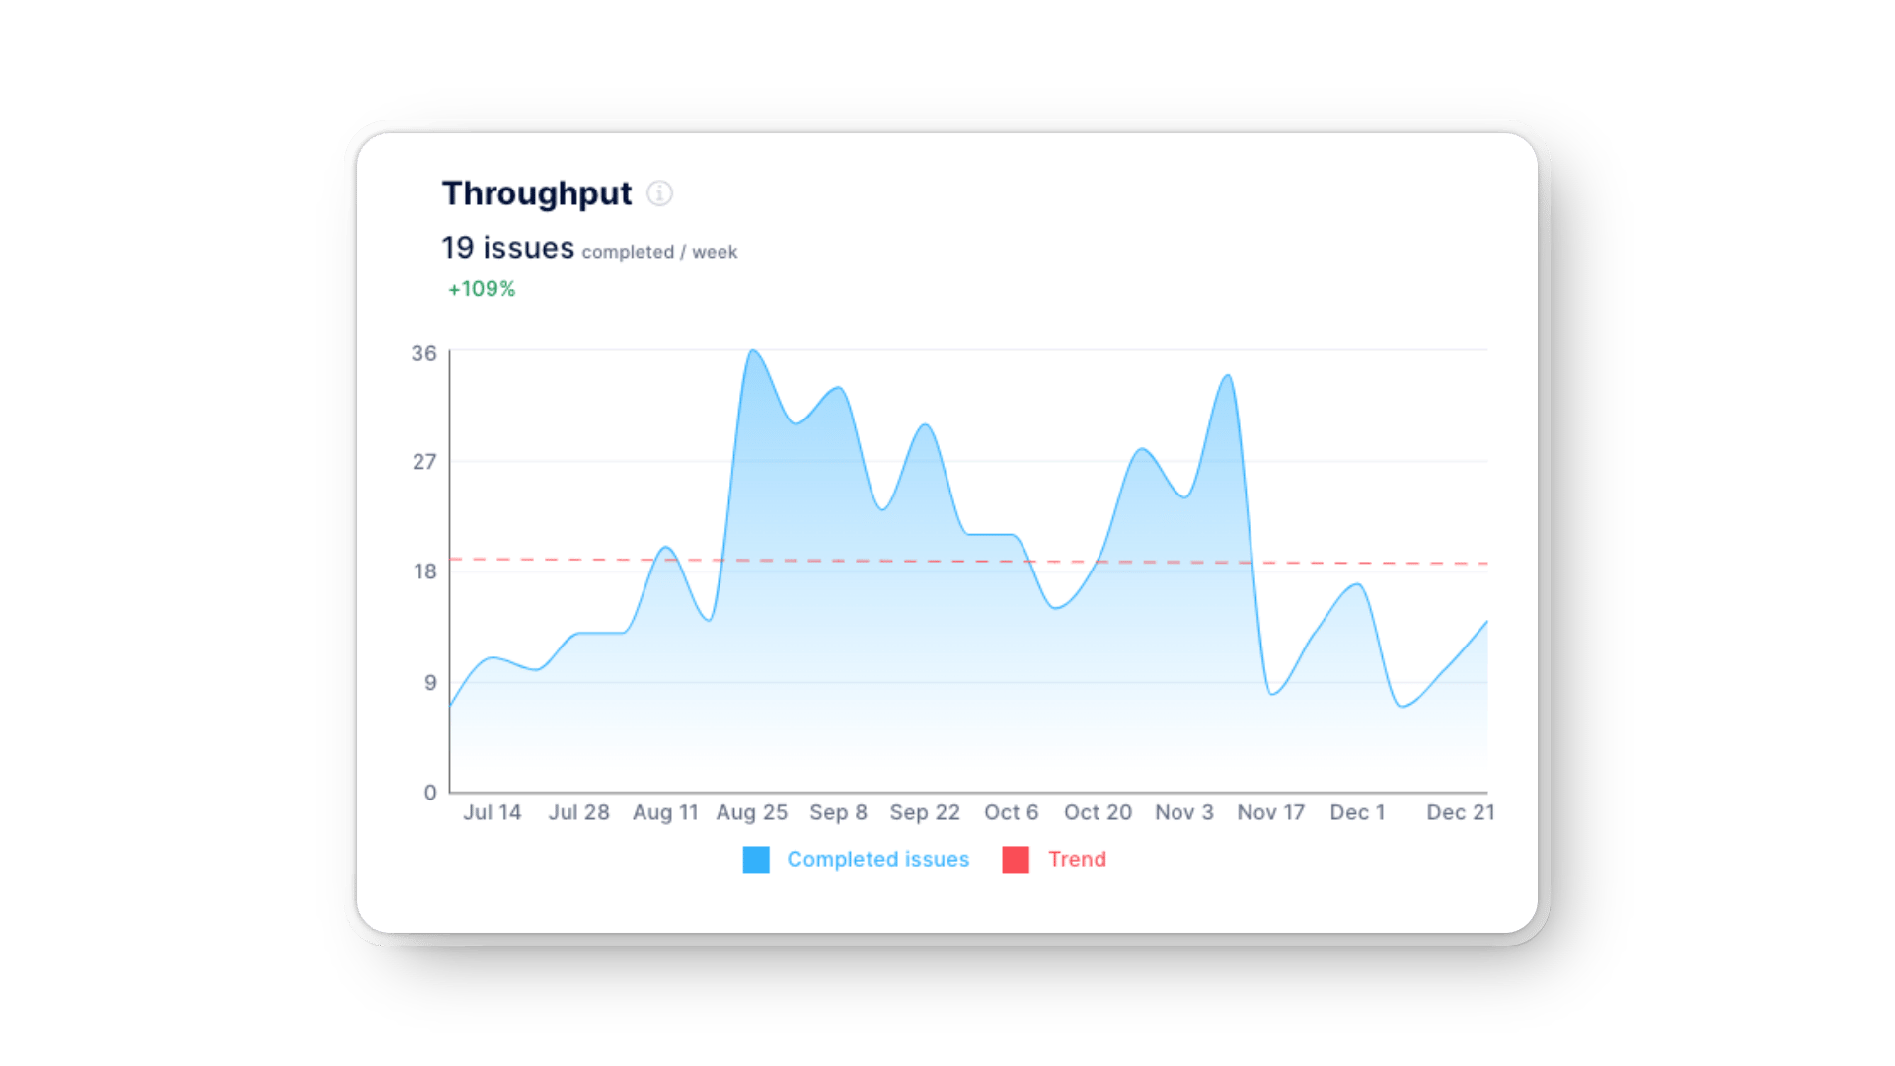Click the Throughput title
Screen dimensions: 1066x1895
(x=536, y=194)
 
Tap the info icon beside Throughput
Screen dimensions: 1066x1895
(x=659, y=193)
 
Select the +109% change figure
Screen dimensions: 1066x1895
(x=482, y=289)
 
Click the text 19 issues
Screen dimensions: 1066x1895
(x=507, y=248)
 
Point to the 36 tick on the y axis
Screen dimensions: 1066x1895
(x=423, y=353)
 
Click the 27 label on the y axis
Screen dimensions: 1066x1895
(x=423, y=462)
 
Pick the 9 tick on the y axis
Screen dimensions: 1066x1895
(x=429, y=682)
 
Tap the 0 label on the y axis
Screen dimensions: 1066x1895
(x=429, y=792)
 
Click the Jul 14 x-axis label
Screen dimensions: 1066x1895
(x=492, y=812)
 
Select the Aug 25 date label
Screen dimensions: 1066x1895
(x=751, y=812)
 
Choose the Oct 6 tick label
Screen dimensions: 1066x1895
(x=1011, y=812)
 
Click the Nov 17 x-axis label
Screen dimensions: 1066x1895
(x=1270, y=812)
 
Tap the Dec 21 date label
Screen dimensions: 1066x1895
(x=1460, y=812)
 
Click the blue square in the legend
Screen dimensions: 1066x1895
(x=756, y=860)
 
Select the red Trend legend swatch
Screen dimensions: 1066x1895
(x=1016, y=860)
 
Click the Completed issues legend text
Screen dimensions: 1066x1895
(x=877, y=860)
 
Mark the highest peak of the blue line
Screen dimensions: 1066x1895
(x=753, y=351)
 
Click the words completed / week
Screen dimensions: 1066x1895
(x=659, y=252)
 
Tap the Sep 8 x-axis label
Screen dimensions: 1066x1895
(x=838, y=812)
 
